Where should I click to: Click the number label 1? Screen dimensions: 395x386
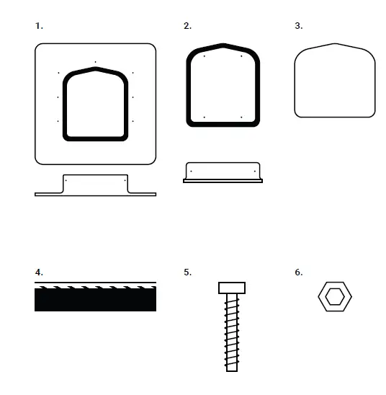point(39,26)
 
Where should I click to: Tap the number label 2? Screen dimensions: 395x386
point(187,26)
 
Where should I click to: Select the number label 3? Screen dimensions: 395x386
point(298,26)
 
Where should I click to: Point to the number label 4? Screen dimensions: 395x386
point(39,272)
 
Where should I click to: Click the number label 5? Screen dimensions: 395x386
point(187,272)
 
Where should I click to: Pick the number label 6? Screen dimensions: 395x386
point(298,272)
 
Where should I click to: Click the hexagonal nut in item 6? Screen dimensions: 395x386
point(322,298)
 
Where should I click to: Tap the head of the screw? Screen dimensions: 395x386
point(232,288)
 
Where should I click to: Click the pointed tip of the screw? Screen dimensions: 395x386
point(232,369)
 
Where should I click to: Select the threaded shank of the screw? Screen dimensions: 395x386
point(232,332)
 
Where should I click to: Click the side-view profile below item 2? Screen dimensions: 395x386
point(223,172)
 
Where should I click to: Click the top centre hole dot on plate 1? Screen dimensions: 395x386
point(96,62)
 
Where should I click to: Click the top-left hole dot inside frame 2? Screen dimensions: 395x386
point(205,56)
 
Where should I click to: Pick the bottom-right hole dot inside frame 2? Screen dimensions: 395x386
point(241,117)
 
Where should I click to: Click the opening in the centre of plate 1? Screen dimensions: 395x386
point(96,105)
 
